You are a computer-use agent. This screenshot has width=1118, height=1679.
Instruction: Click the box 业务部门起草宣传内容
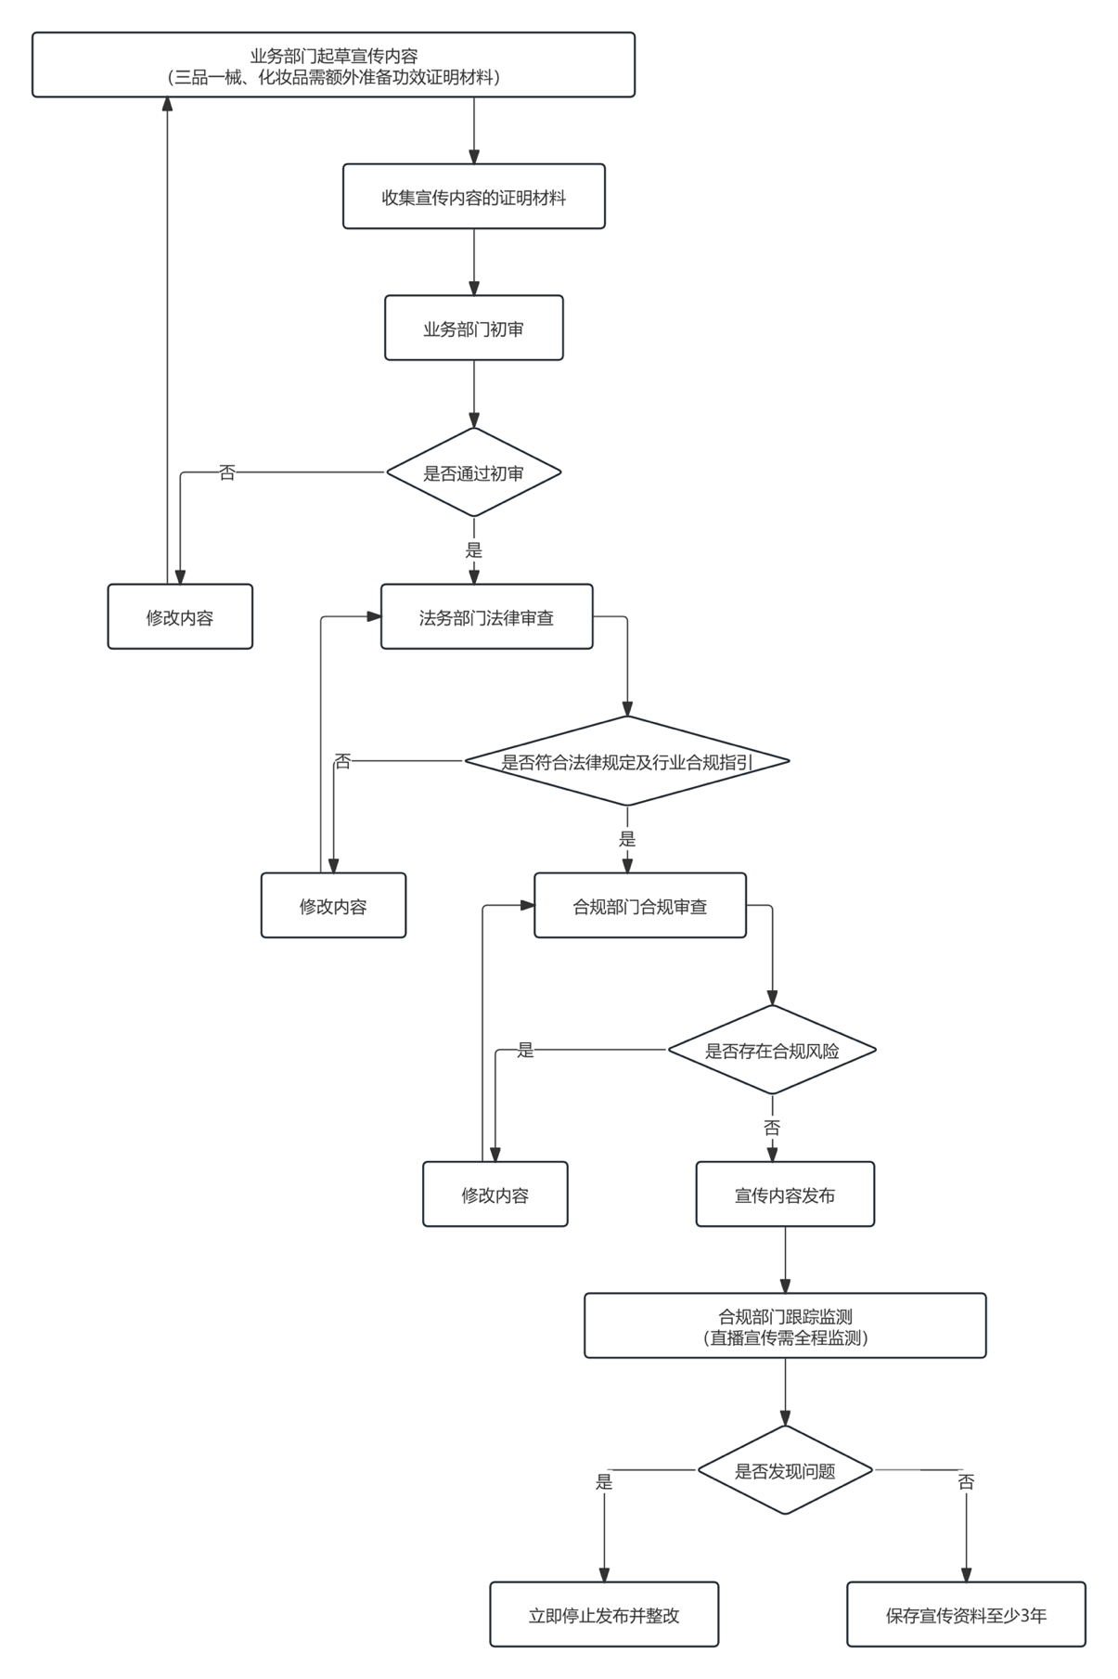(x=333, y=65)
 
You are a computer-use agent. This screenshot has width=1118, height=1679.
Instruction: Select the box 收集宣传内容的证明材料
(x=474, y=197)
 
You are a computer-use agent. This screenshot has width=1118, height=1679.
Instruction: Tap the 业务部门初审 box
(x=474, y=329)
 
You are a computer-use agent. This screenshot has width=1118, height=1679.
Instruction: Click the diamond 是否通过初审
(x=474, y=472)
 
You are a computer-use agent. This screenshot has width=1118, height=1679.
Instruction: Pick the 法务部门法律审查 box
(x=487, y=617)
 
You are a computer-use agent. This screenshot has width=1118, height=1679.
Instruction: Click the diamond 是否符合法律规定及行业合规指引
(x=627, y=761)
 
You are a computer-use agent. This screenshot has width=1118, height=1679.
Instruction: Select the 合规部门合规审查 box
(x=640, y=906)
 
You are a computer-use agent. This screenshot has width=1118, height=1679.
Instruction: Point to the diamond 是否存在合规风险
(x=772, y=1051)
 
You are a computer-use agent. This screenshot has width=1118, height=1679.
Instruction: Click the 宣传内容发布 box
(x=785, y=1195)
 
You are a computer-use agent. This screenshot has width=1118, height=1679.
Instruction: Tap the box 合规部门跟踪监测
(x=785, y=1326)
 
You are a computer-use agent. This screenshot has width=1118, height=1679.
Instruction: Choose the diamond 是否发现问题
(x=785, y=1470)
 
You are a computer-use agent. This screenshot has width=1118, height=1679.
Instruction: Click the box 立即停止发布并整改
(x=604, y=1615)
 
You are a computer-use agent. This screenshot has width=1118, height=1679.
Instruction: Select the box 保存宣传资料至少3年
(x=966, y=1615)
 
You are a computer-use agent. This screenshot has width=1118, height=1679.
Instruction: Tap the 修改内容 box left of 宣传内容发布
(x=495, y=1195)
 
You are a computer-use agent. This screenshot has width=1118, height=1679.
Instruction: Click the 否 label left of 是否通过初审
(x=227, y=472)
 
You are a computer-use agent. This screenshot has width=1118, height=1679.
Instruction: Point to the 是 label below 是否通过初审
(x=474, y=550)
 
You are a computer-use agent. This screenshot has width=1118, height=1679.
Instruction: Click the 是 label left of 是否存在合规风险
(x=526, y=1051)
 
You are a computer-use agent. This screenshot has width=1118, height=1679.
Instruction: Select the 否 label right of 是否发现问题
(x=966, y=1482)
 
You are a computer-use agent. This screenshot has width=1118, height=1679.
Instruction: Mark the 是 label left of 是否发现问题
(x=604, y=1482)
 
